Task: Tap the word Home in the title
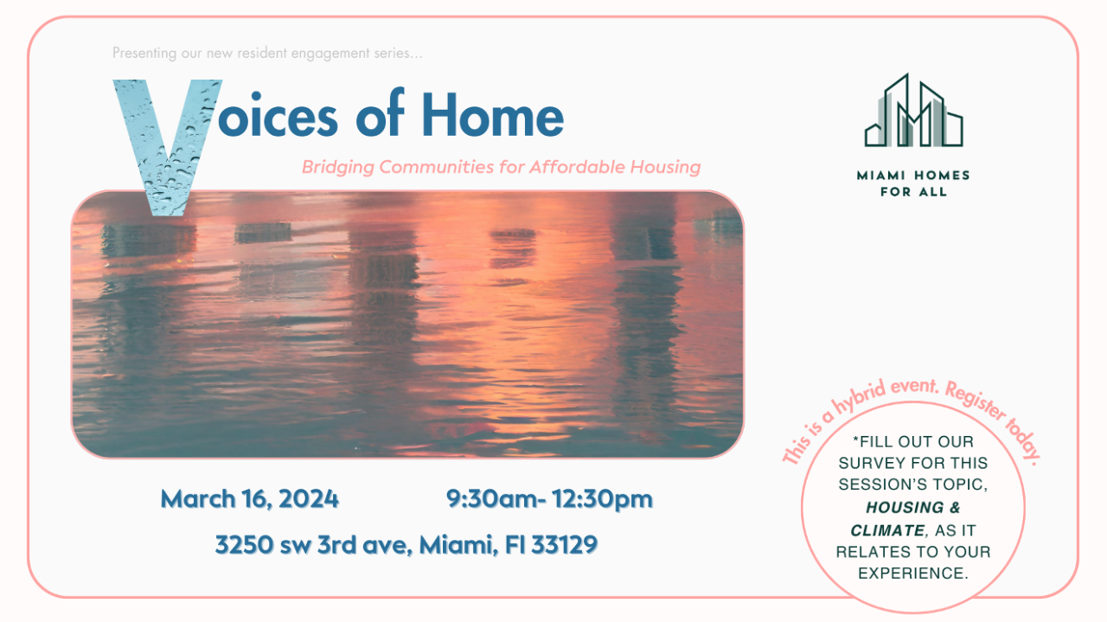(493, 115)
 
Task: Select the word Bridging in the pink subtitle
(338, 167)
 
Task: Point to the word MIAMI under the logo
(881, 176)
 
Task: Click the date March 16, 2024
(250, 499)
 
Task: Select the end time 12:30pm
(602, 499)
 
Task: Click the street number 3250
(244, 545)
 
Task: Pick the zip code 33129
(565, 545)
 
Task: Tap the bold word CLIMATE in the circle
(887, 530)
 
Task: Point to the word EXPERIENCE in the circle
(912, 573)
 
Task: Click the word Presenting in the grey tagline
(144, 53)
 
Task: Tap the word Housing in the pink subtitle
(665, 167)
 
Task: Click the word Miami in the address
(458, 545)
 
